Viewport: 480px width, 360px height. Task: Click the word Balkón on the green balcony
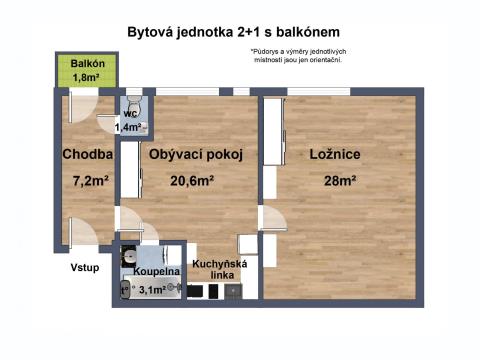88,63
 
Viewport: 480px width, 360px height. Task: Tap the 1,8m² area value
86,77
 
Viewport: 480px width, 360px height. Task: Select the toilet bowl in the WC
134,102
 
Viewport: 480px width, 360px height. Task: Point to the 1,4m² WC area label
128,127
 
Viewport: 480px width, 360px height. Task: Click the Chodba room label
88,154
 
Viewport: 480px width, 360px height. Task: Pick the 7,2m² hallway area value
91,181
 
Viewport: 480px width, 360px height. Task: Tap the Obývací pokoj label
196,154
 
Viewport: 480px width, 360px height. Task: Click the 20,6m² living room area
192,181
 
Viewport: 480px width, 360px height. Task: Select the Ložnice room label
335,154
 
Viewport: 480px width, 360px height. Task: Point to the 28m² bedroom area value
340,181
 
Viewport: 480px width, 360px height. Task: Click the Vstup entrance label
85,268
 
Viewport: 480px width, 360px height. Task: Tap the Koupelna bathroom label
157,271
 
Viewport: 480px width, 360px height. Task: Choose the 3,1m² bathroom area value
152,290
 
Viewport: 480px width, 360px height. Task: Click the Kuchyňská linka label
220,270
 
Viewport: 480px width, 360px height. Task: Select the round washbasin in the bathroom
129,257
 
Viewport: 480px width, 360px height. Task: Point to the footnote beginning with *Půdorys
298,56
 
